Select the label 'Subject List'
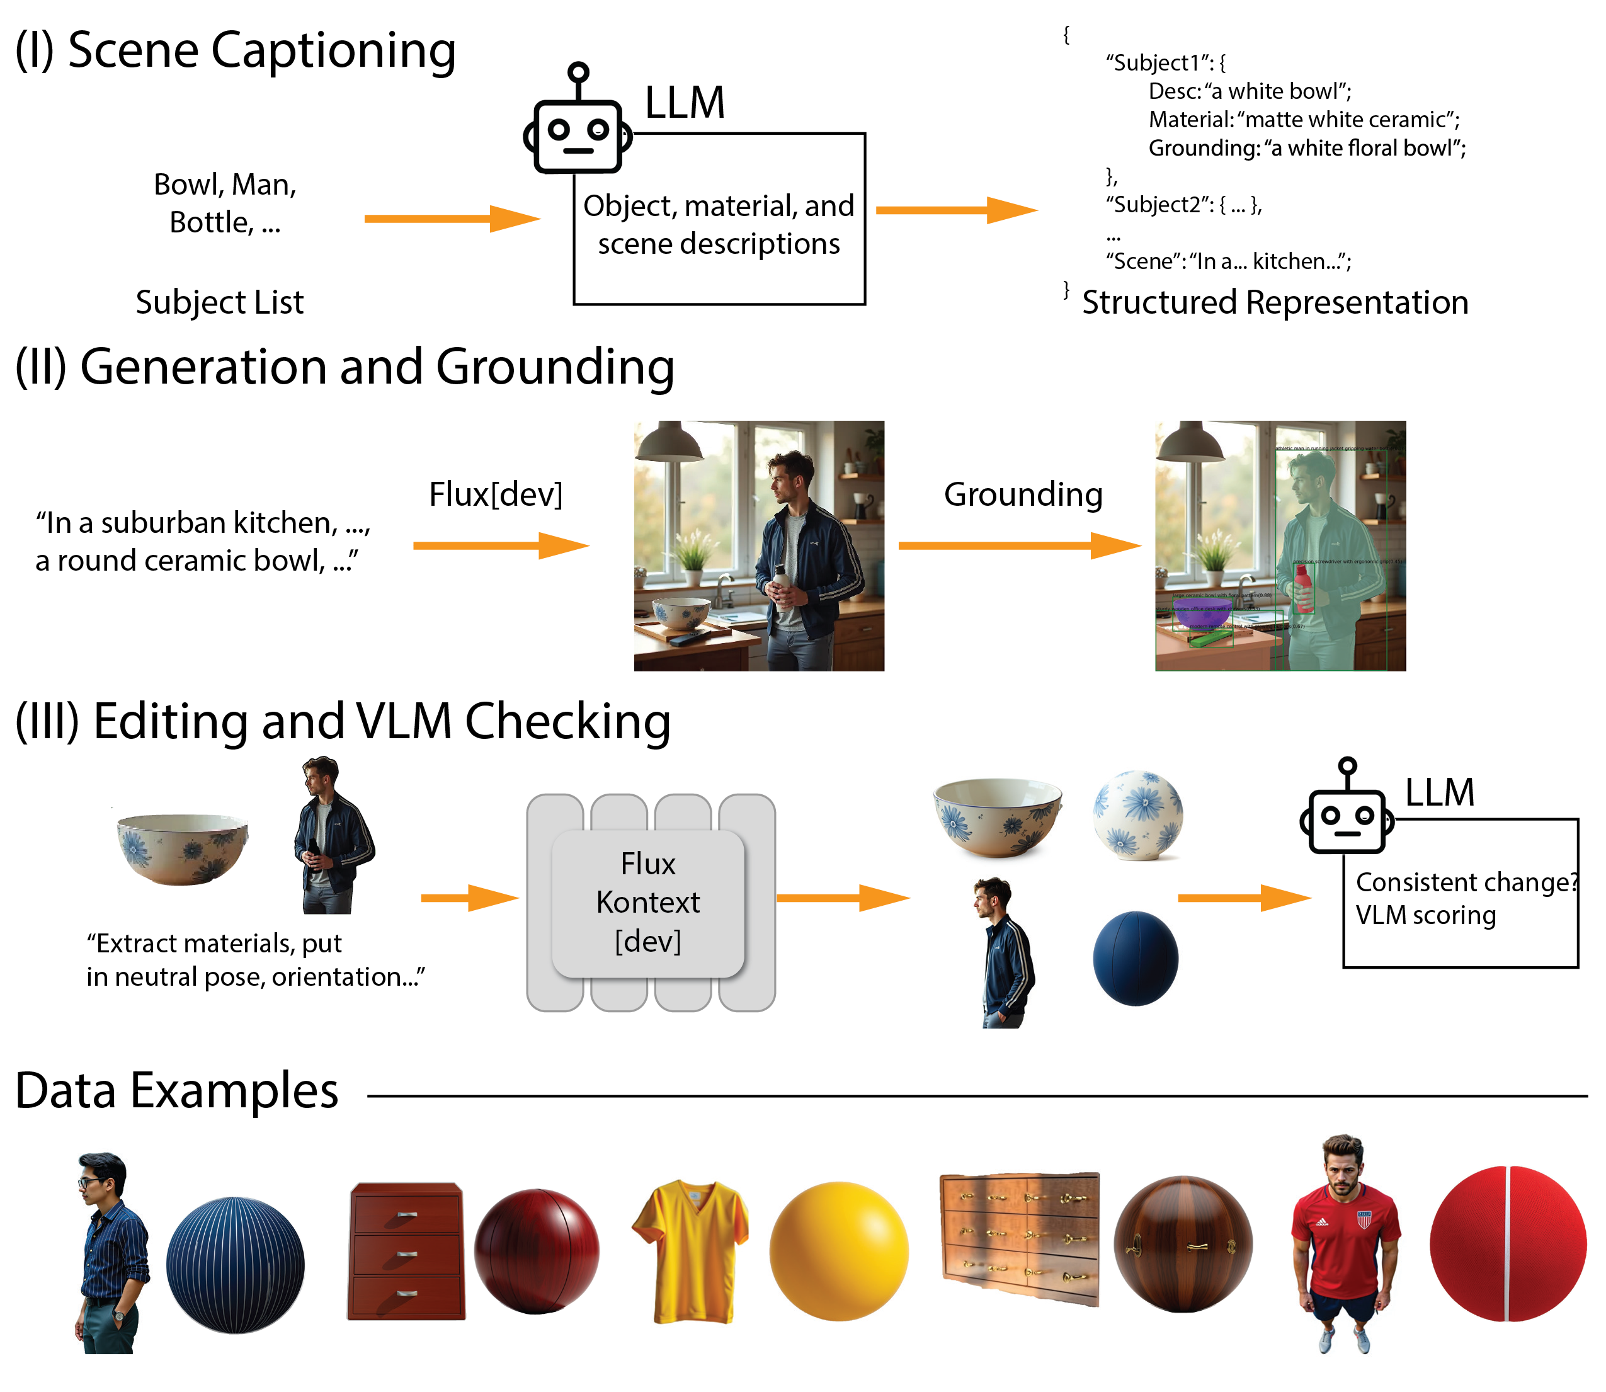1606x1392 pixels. (220, 302)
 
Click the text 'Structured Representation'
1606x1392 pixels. (1274, 302)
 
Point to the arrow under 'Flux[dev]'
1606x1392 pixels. (501, 545)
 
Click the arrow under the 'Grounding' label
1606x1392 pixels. (1019, 545)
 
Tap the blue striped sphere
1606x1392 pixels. (236, 1265)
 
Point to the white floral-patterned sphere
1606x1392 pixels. (1137, 815)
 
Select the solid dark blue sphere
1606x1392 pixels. (1135, 959)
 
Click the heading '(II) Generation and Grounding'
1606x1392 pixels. (344, 367)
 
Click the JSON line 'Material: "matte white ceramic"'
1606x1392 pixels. (1303, 120)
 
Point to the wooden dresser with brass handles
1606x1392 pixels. (1020, 1238)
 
